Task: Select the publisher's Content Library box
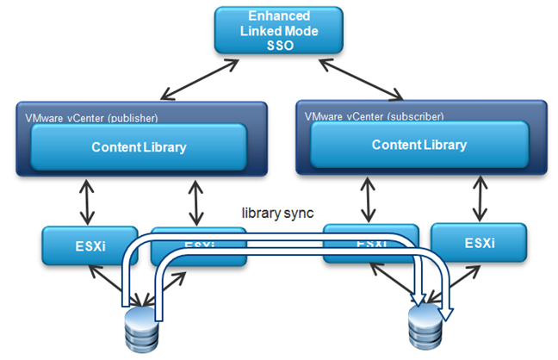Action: tap(139, 147)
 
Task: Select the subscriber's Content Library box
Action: tap(419, 145)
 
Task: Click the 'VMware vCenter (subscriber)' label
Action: tap(375, 113)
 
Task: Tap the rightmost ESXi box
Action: tap(478, 243)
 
